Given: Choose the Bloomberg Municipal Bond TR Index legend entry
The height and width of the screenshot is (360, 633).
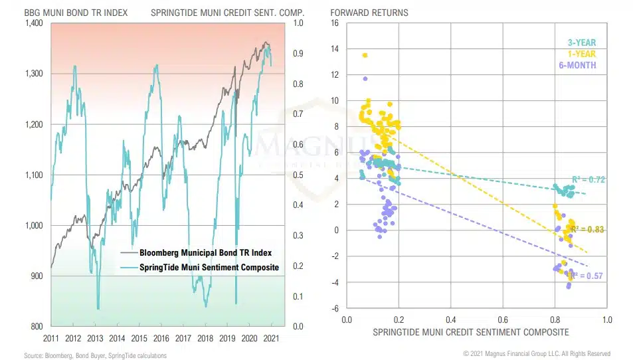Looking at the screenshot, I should [205, 253].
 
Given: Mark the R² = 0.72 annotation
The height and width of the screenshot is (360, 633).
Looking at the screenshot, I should [588, 179].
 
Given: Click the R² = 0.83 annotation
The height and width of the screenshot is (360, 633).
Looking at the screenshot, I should [587, 229].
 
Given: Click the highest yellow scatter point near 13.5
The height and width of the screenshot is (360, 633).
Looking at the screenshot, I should [365, 55].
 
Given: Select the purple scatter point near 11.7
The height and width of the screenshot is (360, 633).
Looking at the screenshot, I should [365, 79].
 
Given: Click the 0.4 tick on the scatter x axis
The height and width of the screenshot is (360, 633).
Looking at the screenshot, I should [450, 319].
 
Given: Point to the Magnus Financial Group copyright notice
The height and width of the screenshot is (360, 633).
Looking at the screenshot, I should [537, 353].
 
